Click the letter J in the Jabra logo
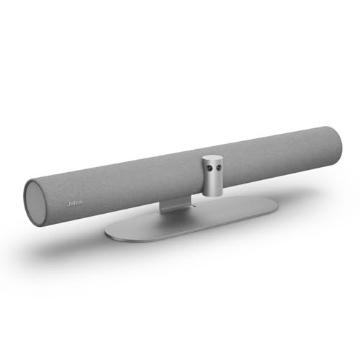[x=67, y=204]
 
